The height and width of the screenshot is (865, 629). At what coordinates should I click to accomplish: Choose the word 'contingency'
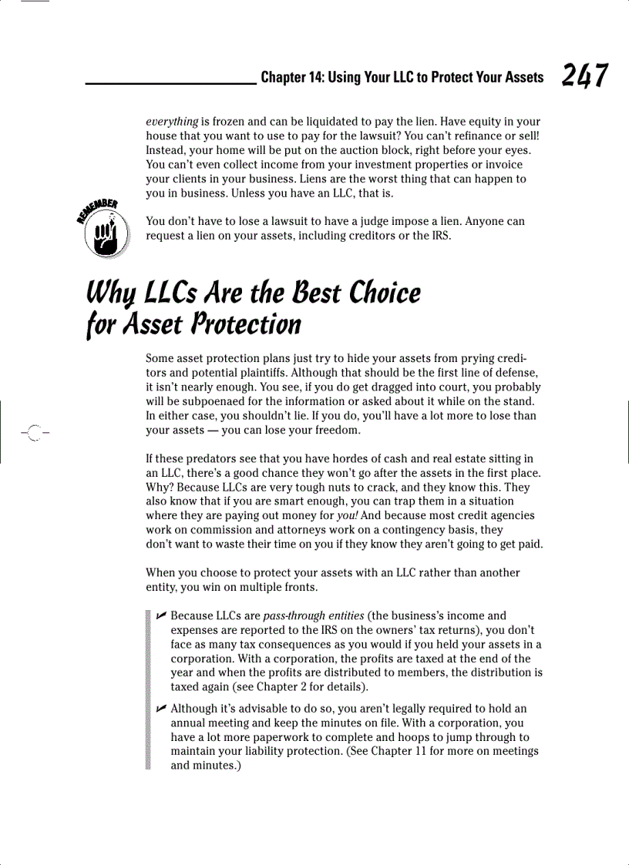(x=436, y=531)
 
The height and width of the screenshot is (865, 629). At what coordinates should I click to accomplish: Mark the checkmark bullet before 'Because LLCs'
(x=160, y=615)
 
